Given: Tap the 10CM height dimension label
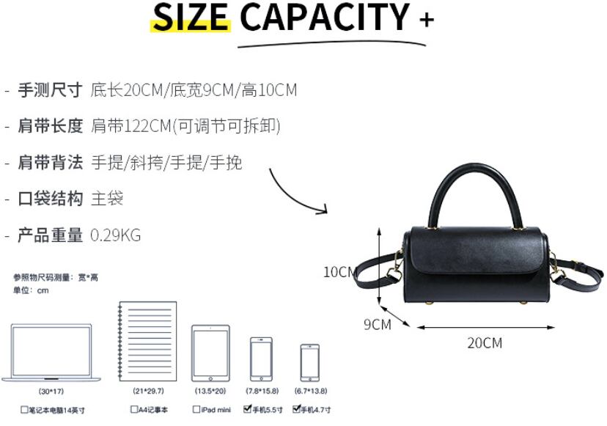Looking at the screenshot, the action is [340, 272].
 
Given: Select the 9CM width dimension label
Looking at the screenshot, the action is [378, 324].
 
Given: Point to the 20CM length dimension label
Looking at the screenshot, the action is [485, 342].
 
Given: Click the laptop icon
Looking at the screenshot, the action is [51, 353].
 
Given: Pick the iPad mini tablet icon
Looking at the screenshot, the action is [210, 353].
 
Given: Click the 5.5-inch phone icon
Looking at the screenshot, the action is [261, 359].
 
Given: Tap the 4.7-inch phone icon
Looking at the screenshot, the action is [309, 361].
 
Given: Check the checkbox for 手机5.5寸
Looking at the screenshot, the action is [248, 410].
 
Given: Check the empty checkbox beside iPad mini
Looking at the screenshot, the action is [196, 410].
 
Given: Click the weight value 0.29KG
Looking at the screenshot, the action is [115, 235].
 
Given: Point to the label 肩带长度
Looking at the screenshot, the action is [50, 126].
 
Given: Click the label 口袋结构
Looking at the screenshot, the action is [50, 199].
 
